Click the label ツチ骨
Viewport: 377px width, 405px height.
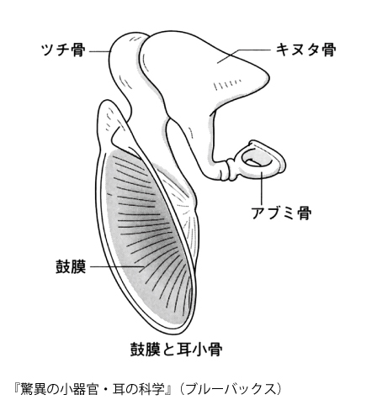(x=63, y=50)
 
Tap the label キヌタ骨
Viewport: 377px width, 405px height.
(x=305, y=50)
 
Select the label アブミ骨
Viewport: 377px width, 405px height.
(x=281, y=213)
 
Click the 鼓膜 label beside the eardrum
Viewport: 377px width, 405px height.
(x=71, y=266)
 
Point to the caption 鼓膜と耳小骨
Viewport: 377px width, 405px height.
(x=177, y=350)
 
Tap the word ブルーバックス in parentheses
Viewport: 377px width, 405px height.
(x=230, y=389)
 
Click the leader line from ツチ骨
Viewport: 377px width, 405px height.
(x=99, y=51)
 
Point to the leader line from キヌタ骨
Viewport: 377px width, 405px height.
(x=243, y=55)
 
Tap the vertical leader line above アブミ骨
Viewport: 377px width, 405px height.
(x=261, y=187)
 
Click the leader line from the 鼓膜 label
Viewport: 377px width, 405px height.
(x=117, y=266)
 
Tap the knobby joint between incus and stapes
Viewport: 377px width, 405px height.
(x=232, y=170)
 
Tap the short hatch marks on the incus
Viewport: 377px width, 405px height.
(x=226, y=84)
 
